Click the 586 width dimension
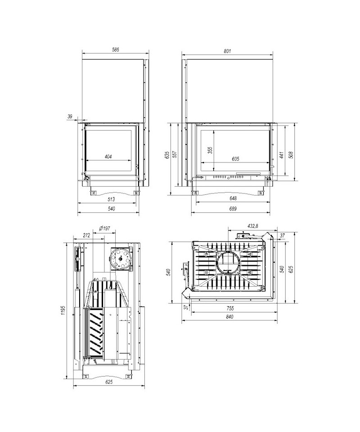(116, 49)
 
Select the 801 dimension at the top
(227, 51)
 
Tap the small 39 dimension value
(70, 116)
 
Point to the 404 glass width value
(108, 157)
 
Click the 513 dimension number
(111, 199)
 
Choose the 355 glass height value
(210, 150)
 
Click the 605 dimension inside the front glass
(235, 159)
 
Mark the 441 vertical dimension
(281, 154)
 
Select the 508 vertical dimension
(292, 154)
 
